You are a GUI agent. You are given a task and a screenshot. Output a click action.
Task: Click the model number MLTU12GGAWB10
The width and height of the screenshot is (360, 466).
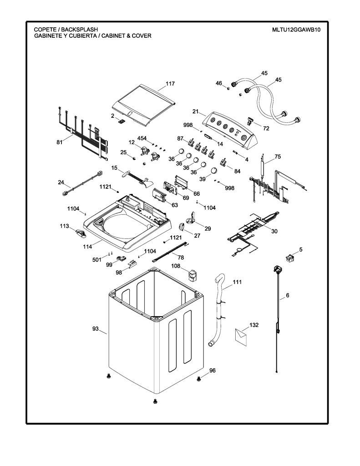[296, 30]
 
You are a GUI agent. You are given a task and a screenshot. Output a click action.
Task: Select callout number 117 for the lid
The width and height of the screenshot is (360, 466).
[170, 84]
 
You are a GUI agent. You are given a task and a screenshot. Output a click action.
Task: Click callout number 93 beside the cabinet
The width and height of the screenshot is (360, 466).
[96, 329]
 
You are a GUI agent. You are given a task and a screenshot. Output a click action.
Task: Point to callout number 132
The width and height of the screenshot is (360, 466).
[254, 325]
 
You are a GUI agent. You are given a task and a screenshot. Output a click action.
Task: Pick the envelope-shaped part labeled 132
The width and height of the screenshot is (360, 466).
[241, 337]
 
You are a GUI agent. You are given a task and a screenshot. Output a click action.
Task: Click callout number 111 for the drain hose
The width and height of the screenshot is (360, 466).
[237, 282]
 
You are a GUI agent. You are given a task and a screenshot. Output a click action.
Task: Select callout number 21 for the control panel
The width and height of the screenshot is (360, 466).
[195, 112]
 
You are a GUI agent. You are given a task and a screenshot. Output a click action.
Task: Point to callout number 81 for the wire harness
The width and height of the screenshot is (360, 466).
[60, 142]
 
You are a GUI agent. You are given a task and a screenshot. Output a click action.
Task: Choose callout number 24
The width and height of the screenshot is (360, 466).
[61, 182]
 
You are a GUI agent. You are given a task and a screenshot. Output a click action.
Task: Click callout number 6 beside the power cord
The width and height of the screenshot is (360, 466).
[288, 295]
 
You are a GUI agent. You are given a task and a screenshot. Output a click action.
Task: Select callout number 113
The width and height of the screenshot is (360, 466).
[64, 226]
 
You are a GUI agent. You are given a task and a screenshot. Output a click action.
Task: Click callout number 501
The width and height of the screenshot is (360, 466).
[97, 259]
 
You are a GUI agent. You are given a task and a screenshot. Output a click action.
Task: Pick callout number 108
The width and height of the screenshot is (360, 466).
[176, 266]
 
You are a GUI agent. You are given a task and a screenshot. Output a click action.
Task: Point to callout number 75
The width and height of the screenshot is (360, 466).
[278, 157]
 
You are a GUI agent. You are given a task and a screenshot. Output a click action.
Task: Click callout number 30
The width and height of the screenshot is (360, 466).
[274, 231]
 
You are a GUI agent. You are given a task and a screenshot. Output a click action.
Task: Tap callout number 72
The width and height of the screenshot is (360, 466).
[266, 128]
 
